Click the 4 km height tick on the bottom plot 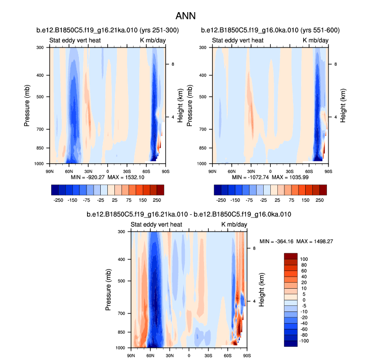tap(254, 301)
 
